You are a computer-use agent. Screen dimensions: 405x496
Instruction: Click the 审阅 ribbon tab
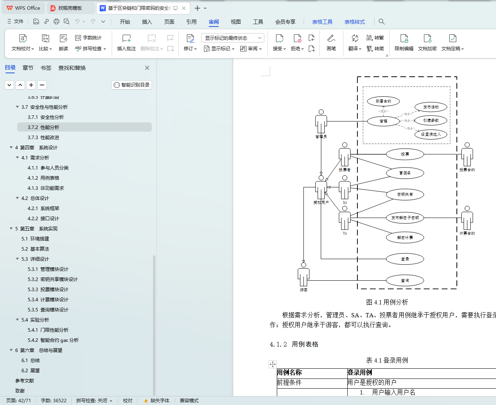point(214,22)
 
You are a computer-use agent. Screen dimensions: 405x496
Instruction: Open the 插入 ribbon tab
point(147,22)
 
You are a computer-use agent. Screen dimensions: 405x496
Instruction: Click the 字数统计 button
point(88,38)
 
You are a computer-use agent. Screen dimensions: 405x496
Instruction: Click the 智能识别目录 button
point(132,85)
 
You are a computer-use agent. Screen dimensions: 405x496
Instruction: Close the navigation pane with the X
point(147,68)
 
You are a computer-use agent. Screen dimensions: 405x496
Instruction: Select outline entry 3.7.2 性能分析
point(43,127)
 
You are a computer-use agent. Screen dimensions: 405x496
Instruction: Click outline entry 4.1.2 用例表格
point(43,178)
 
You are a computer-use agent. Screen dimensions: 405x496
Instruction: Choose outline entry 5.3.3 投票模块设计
point(48,290)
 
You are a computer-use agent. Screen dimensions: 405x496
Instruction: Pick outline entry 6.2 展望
point(30,371)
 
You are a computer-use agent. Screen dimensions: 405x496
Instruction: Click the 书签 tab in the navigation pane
point(46,68)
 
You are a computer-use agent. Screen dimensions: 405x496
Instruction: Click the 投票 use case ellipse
point(405,154)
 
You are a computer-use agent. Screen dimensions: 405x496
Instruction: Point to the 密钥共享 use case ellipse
point(405,195)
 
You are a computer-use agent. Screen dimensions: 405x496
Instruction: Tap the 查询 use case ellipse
point(405,281)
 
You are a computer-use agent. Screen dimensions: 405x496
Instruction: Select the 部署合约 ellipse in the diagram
point(383,101)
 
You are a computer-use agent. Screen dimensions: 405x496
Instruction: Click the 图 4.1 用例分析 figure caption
point(387,302)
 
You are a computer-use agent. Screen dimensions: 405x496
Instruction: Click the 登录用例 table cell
point(360,373)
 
